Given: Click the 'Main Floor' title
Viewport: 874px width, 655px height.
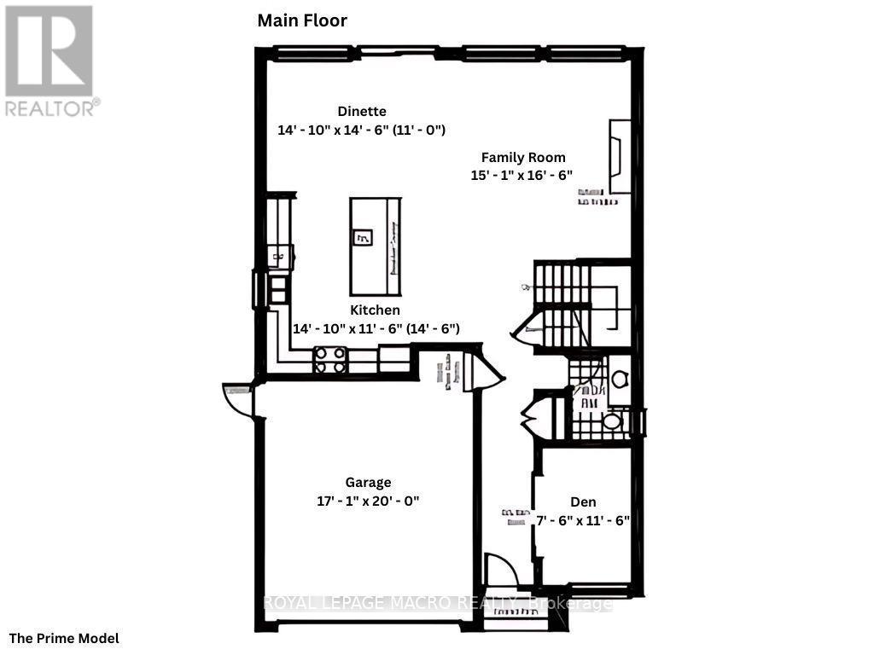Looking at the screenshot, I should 302,20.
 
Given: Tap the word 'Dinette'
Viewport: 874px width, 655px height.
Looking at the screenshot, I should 362,111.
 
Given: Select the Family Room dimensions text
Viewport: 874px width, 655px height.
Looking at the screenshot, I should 521,175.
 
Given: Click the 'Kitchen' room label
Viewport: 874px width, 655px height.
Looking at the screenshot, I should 375,310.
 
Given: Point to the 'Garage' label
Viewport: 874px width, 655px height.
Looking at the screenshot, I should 368,483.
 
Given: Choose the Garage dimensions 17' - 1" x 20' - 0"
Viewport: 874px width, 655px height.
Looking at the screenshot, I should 368,501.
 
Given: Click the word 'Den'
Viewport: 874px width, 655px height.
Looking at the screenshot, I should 583,501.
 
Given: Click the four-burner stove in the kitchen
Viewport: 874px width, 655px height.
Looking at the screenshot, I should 330,359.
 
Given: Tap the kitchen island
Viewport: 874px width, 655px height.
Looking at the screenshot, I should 375,245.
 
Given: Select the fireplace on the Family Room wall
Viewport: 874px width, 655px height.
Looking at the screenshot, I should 620,157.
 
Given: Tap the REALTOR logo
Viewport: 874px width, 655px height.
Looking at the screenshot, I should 50,60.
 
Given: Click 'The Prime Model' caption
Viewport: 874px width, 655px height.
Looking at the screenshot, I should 64,638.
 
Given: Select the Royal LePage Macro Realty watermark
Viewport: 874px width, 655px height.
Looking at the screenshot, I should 436,604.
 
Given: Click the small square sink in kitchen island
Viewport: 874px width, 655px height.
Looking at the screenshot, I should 362,238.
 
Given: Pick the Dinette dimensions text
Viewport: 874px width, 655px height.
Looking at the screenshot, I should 362,130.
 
